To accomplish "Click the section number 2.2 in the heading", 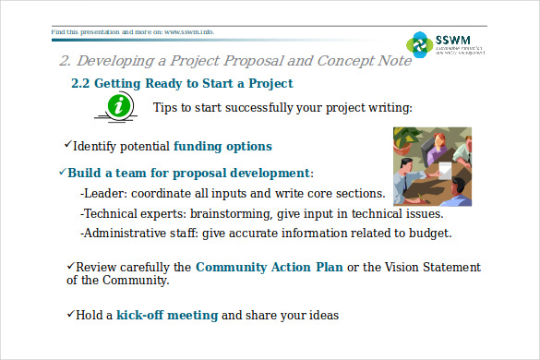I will (x=81, y=84).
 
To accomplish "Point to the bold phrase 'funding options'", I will (x=222, y=146).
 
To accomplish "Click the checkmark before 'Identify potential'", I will (x=67, y=145).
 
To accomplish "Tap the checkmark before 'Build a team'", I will (x=62, y=172).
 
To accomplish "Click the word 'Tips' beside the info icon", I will (x=167, y=108).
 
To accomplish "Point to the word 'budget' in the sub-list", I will (x=429, y=233).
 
